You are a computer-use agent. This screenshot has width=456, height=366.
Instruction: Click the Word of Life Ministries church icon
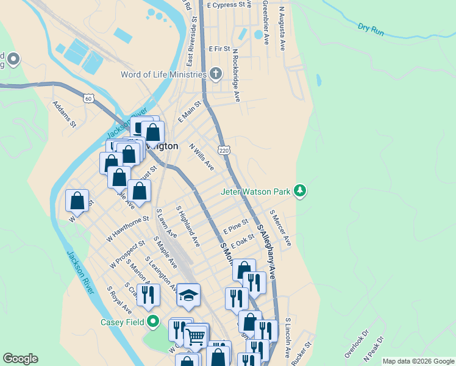click(215, 74)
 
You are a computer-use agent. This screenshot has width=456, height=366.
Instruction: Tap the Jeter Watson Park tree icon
click(299, 192)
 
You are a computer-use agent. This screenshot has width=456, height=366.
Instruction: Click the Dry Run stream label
click(371, 28)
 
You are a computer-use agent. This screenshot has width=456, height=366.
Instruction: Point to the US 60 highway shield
click(89, 98)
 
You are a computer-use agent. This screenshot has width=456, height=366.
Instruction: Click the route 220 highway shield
click(223, 150)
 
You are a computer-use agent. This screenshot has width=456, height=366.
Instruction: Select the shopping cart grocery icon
click(196, 335)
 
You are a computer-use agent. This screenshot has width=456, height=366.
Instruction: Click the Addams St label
click(64, 114)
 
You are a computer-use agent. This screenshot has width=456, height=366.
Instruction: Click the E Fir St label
click(219, 48)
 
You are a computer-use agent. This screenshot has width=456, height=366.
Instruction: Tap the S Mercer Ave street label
click(280, 229)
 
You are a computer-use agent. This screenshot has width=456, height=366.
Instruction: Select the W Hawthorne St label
click(127, 229)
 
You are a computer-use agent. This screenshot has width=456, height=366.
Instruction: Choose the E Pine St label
click(236, 227)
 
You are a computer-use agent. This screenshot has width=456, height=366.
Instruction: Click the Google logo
click(20, 359)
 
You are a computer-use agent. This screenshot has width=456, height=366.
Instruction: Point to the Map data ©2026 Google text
click(418, 361)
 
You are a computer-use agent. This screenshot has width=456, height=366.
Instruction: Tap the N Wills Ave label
click(202, 157)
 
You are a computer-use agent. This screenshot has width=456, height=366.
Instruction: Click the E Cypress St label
click(229, 4)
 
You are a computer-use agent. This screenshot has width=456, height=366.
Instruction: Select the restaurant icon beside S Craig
click(148, 295)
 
